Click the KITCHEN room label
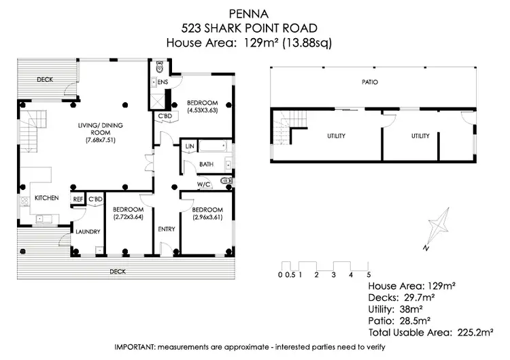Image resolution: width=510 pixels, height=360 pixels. point(47,198)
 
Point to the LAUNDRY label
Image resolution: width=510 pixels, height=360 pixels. point(88,231)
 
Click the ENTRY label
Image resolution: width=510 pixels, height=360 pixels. point(166,229)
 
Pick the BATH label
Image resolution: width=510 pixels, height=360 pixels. point(206,164)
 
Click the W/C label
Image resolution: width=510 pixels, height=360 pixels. point(203,184)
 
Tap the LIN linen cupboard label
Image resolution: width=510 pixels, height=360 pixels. point(190,146)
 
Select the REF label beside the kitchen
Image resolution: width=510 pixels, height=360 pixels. point(78,199)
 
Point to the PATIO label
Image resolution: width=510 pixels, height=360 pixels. point(370,82)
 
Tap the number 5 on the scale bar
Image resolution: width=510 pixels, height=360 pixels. point(368,274)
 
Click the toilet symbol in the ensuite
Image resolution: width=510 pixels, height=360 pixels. point(159,67)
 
